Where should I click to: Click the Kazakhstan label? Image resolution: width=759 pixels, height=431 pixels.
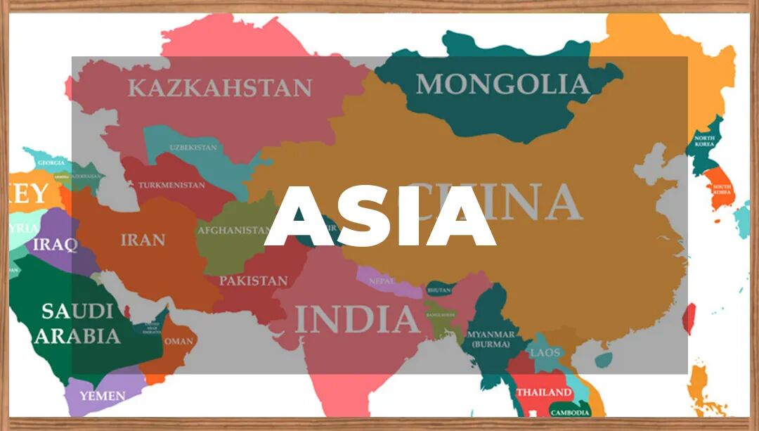pyautogui.click(x=219, y=88)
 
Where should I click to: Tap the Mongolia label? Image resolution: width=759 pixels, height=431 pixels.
pyautogui.click(x=502, y=84)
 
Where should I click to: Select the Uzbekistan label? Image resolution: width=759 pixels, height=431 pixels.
pyautogui.click(x=193, y=148)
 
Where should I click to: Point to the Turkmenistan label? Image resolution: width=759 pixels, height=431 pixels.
pyautogui.click(x=171, y=185)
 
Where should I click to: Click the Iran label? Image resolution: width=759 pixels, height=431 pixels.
pyautogui.click(x=143, y=240)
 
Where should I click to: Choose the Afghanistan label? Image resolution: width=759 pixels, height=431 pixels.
pyautogui.click(x=234, y=230)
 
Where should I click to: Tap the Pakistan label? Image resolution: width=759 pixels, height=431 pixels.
pyautogui.click(x=253, y=281)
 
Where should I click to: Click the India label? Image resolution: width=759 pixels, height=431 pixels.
pyautogui.click(x=358, y=319)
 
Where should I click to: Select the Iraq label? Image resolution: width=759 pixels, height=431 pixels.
pyautogui.click(x=55, y=245)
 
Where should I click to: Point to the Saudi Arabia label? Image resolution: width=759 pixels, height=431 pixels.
pyautogui.click(x=77, y=323)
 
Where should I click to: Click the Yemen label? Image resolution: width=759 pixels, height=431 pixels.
pyautogui.click(x=102, y=396)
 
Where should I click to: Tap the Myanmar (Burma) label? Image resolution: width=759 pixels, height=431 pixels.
pyautogui.click(x=492, y=339)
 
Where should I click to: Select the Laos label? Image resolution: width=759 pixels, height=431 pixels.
pyautogui.click(x=545, y=352)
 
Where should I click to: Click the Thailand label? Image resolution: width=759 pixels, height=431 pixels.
pyautogui.click(x=544, y=392)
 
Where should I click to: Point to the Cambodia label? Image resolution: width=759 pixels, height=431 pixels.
pyautogui.click(x=569, y=413)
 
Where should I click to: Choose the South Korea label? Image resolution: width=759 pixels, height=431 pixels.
pyautogui.click(x=722, y=189)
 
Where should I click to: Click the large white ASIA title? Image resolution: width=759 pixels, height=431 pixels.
pyautogui.click(x=379, y=217)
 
